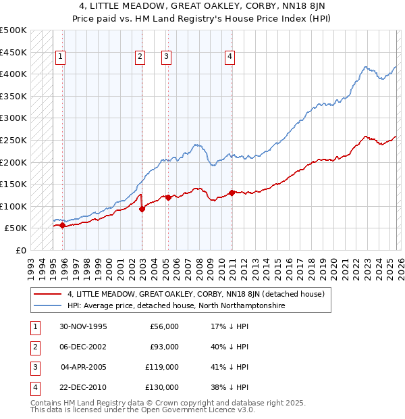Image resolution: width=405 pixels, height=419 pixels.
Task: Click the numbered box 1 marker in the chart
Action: click(x=61, y=57)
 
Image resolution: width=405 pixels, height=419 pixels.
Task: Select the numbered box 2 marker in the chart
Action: click(x=140, y=57)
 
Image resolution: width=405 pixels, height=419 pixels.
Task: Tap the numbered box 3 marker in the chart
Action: click(x=165, y=57)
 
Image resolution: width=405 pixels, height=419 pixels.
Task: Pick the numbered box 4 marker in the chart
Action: click(x=230, y=57)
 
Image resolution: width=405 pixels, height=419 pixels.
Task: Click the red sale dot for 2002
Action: click(x=142, y=209)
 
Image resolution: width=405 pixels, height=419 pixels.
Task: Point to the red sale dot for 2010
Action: click(x=232, y=193)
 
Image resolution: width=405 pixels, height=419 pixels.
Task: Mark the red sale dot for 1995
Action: click(x=63, y=226)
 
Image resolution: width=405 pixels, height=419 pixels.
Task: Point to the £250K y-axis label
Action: click(x=13, y=140)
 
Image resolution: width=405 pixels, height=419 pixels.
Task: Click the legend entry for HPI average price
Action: click(x=176, y=305)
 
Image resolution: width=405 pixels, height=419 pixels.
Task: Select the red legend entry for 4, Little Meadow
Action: click(x=196, y=294)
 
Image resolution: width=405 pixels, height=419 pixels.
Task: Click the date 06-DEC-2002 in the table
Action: click(x=83, y=347)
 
